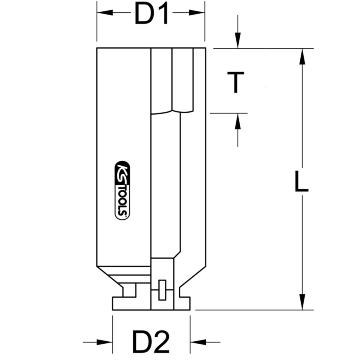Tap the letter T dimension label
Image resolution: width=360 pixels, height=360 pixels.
[x=236, y=82]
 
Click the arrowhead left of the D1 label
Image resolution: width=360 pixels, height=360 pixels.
[x=105, y=13]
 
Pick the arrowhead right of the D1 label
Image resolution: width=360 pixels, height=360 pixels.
[x=197, y=13]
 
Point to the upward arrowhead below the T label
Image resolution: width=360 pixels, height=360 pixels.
[x=238, y=121]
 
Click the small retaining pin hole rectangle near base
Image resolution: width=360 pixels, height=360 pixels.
[x=163, y=290]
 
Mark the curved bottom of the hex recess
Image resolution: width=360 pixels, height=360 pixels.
[x=172, y=112]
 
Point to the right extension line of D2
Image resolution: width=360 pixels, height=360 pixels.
[x=190, y=333]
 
